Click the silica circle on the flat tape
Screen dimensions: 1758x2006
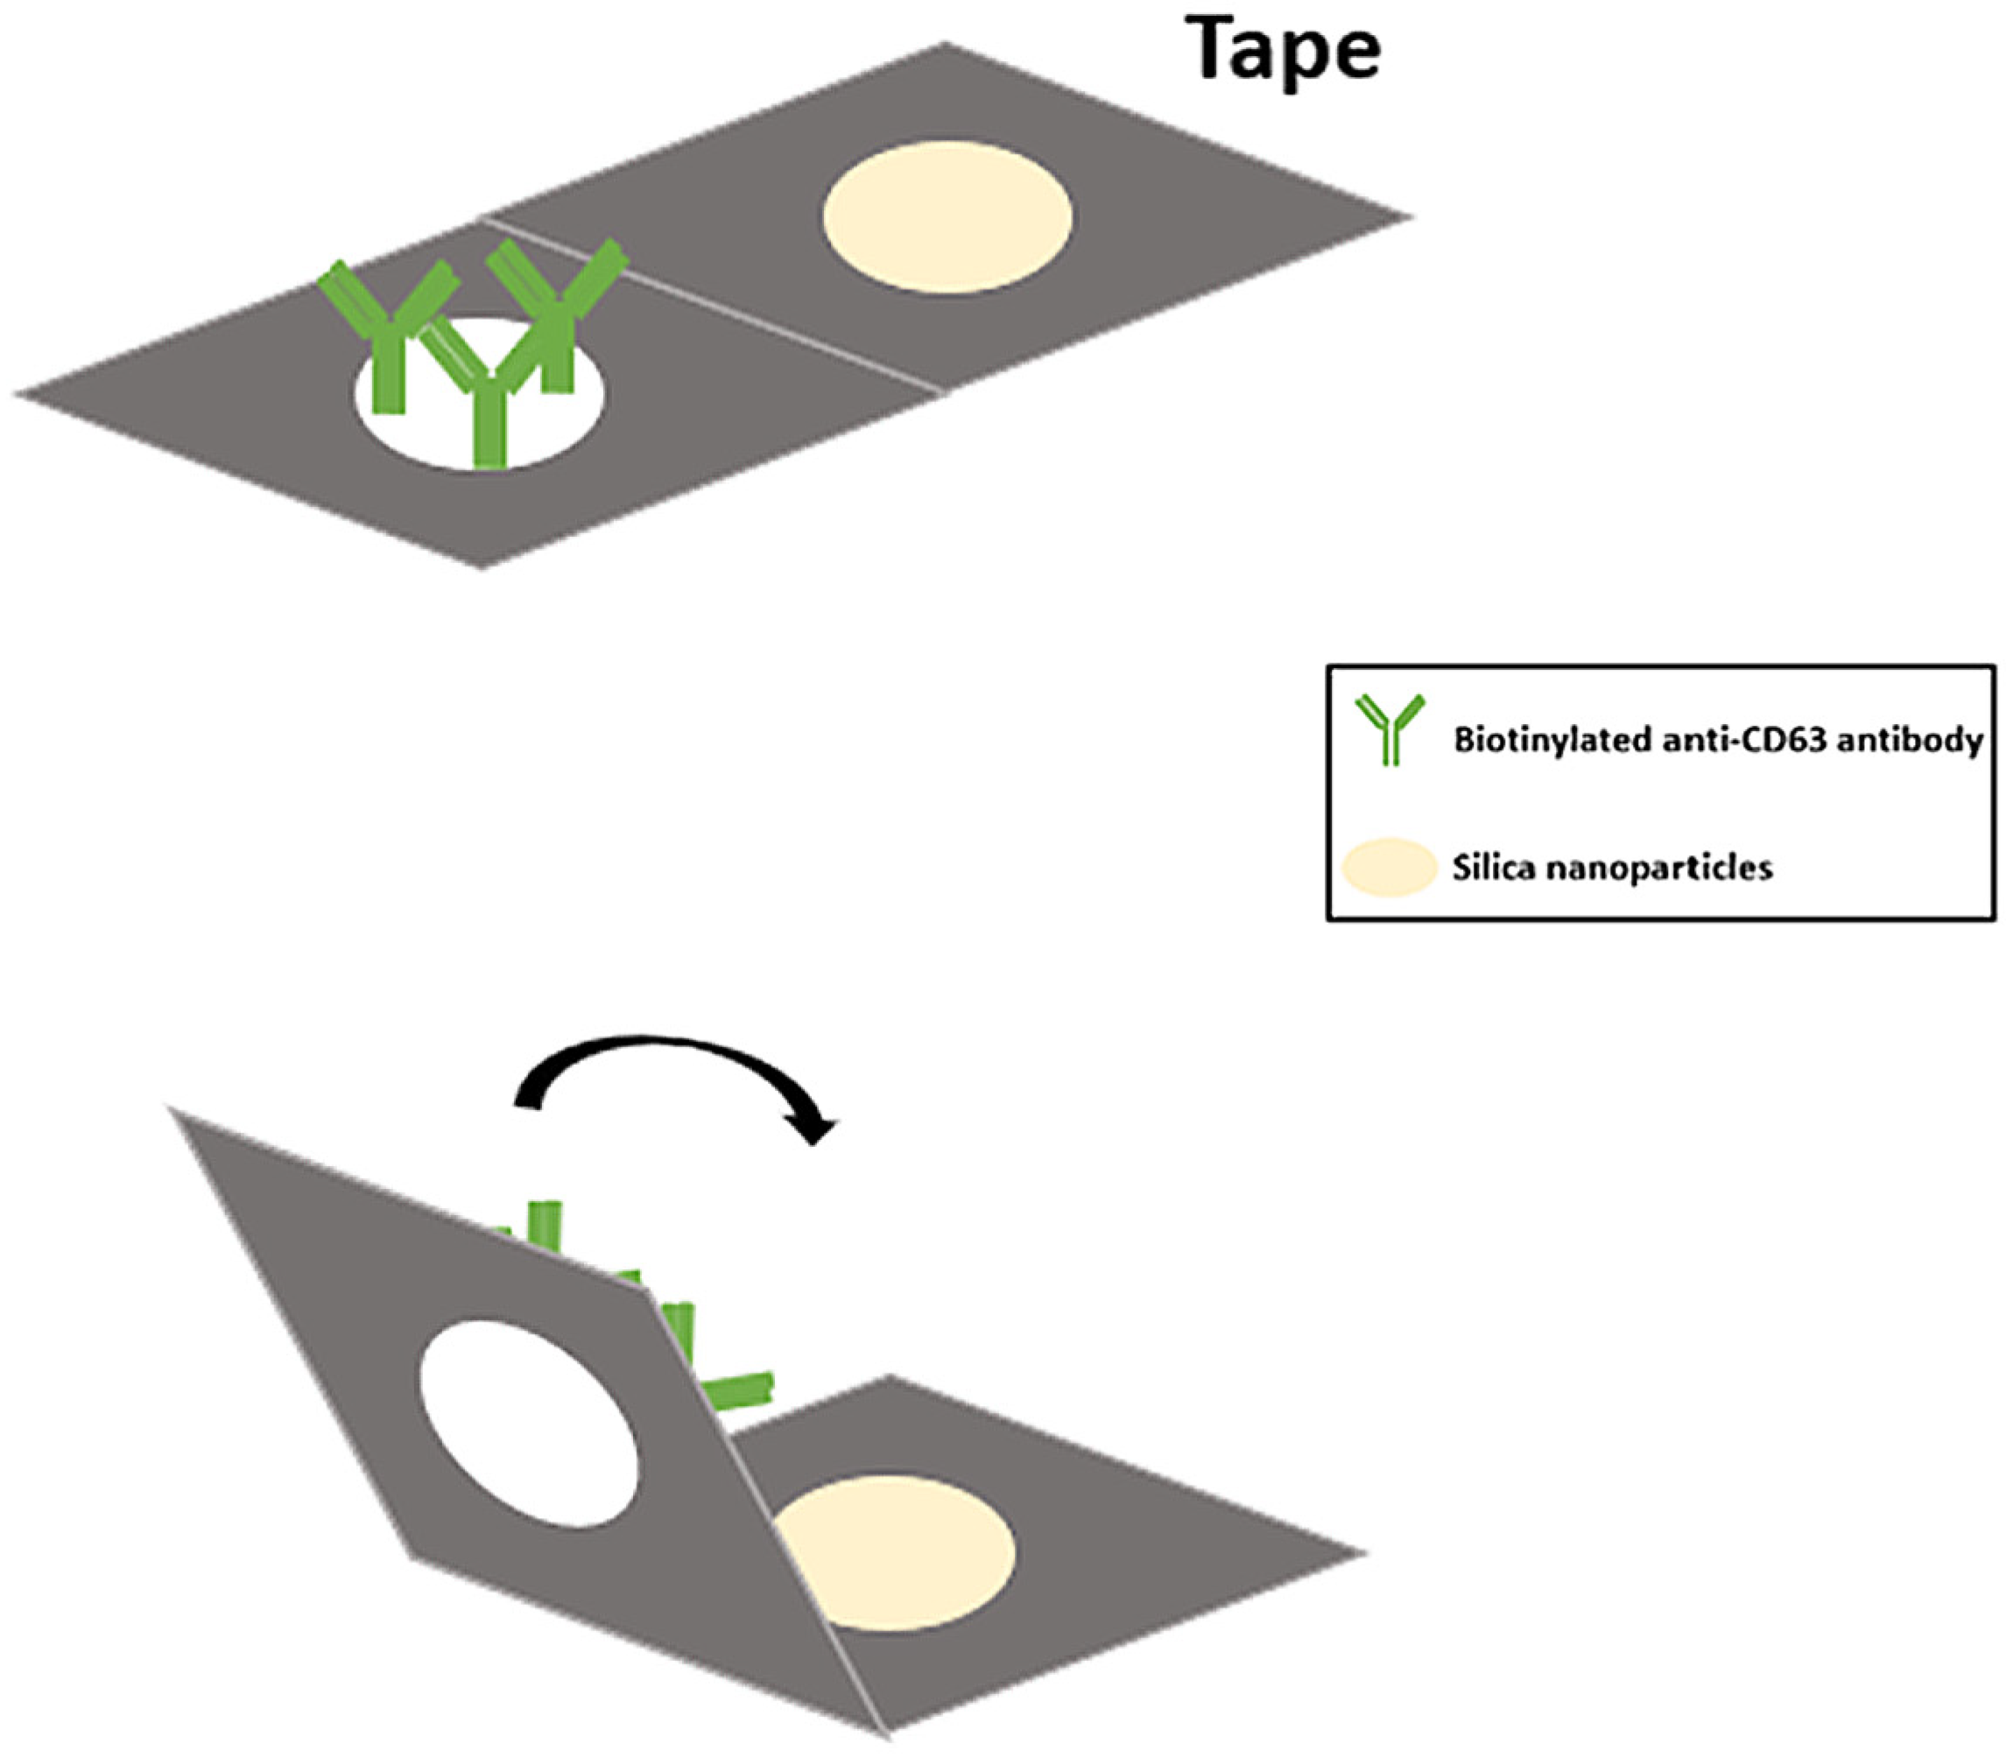pos(947,217)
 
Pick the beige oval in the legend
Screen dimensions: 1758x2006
pos(1389,868)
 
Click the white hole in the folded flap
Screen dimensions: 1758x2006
pos(530,1423)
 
